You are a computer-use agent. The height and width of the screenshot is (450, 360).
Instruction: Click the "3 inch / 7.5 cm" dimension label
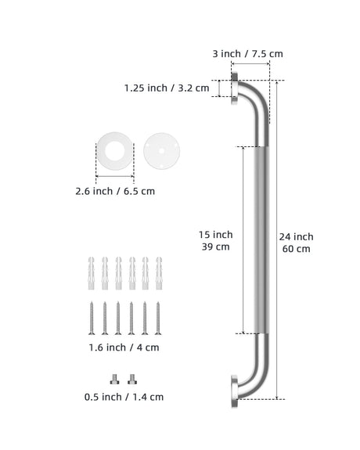(248, 54)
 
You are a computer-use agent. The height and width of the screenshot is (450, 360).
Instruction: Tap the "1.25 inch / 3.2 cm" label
(167, 88)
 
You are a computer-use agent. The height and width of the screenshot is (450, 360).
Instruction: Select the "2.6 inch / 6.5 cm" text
(115, 191)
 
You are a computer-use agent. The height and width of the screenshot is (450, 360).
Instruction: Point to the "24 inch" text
(297, 237)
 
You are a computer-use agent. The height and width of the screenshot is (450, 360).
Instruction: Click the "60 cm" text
(297, 249)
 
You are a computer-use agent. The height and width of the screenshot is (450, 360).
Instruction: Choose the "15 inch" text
(215, 235)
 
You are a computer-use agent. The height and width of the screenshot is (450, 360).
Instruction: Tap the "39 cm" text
(215, 247)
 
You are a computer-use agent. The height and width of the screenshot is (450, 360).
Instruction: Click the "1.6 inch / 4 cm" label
(124, 347)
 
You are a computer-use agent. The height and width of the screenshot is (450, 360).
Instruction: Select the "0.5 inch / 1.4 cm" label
(124, 398)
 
